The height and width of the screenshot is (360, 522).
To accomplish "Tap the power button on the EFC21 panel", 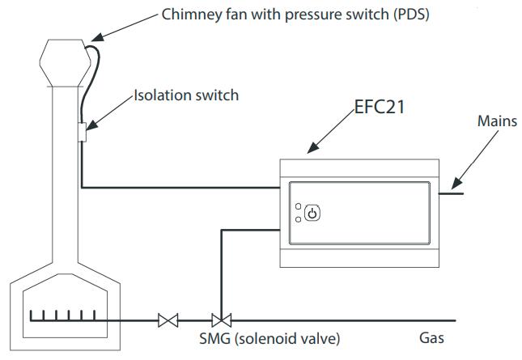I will (314, 214).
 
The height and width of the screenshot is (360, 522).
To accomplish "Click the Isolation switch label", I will (186, 95).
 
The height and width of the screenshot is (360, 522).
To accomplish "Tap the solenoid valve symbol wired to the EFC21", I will (219, 320).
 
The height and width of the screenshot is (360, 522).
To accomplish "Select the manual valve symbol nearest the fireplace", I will (169, 320).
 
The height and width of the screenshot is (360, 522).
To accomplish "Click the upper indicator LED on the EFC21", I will (299, 207).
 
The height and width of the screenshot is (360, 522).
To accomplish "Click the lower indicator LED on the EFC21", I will (299, 219).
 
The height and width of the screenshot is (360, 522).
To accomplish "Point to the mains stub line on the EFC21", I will (450, 193).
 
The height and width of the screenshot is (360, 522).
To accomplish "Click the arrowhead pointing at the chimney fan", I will (91, 37).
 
